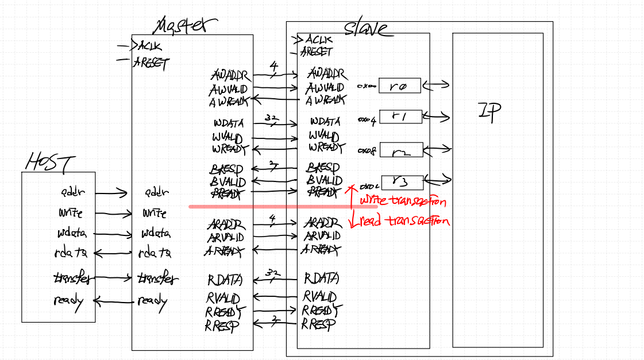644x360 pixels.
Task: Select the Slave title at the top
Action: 366,28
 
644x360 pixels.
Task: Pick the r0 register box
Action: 399,86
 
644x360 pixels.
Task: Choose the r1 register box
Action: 400,117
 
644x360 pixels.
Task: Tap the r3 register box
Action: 402,183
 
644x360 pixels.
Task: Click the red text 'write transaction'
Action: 403,201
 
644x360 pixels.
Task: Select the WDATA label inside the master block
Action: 228,123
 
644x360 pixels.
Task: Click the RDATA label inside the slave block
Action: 321,278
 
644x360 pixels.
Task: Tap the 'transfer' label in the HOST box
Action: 72,278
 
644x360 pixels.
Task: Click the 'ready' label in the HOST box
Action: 68,300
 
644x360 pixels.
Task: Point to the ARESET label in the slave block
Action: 317,52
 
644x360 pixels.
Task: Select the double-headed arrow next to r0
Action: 436,85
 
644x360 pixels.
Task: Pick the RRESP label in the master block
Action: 221,326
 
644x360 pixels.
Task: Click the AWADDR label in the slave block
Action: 327,74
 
